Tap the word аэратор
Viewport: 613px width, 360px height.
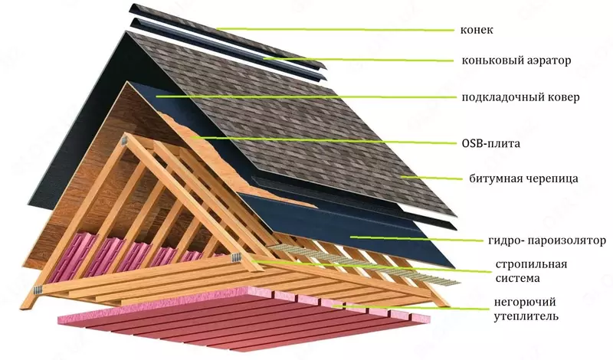click(x=553, y=60)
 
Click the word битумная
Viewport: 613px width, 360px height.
click(x=493, y=178)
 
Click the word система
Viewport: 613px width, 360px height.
click(x=510, y=281)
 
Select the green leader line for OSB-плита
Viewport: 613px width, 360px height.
click(x=322, y=140)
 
